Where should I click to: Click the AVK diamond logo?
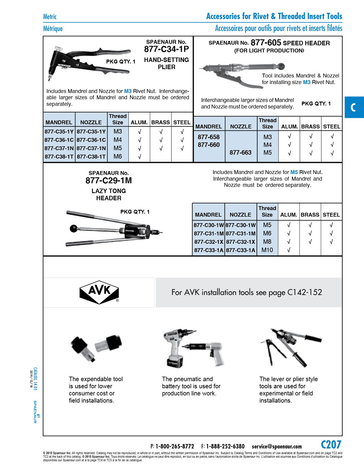[99, 292]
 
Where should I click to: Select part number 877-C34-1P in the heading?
[166, 49]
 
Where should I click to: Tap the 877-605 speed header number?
[266, 43]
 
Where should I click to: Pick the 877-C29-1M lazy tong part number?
[109, 181]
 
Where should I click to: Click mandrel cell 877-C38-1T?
[59, 157]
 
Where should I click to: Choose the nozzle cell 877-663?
[240, 153]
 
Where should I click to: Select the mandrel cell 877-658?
[209, 137]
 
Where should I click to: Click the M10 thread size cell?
[267, 250]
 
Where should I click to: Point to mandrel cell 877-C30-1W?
[209, 225]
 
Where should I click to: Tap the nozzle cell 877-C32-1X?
[240, 242]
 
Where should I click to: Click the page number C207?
[331, 445]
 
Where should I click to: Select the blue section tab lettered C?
[354, 107]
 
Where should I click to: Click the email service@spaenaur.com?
[277, 447]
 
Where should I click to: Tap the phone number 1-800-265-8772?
[174, 447]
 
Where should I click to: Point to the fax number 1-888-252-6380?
[225, 447]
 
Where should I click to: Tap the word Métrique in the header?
[53, 29]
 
